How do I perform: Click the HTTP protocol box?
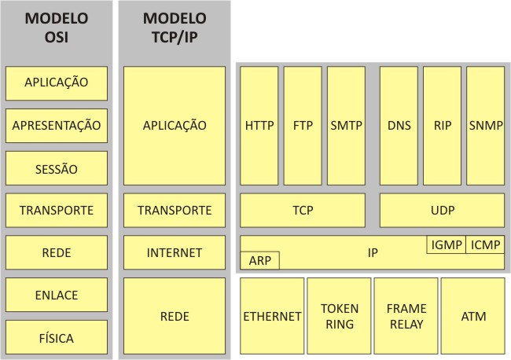tap(259, 125)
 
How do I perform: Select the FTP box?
tap(303, 125)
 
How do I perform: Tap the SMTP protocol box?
tap(346, 125)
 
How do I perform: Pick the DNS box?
tap(399, 125)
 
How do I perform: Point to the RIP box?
tap(442, 125)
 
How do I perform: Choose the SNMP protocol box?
tap(485, 125)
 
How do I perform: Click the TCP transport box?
tap(303, 211)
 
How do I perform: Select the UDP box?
tap(442, 211)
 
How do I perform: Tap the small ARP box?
tap(259, 260)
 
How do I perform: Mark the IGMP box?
tap(446, 245)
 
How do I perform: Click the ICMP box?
tap(485, 245)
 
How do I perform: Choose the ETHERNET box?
tap(272, 316)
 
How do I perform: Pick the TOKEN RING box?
tap(339, 316)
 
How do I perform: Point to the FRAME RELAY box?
tap(406, 316)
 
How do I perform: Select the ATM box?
tap(472, 316)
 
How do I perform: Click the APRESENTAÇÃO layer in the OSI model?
tap(56, 125)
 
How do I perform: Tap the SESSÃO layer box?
tap(56, 168)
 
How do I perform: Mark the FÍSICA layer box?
tap(56, 338)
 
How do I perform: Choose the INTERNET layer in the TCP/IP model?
tap(175, 253)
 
